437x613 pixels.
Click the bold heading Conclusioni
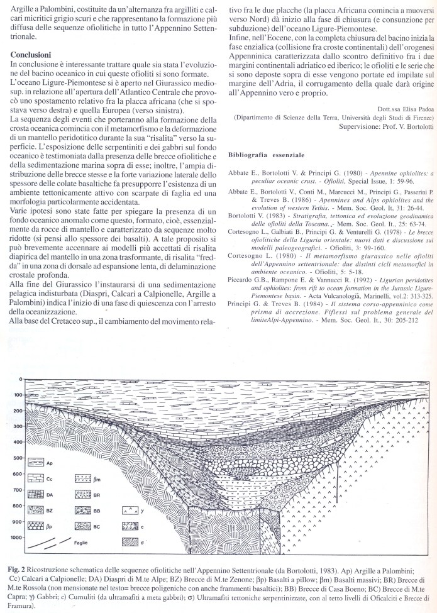[30, 55]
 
